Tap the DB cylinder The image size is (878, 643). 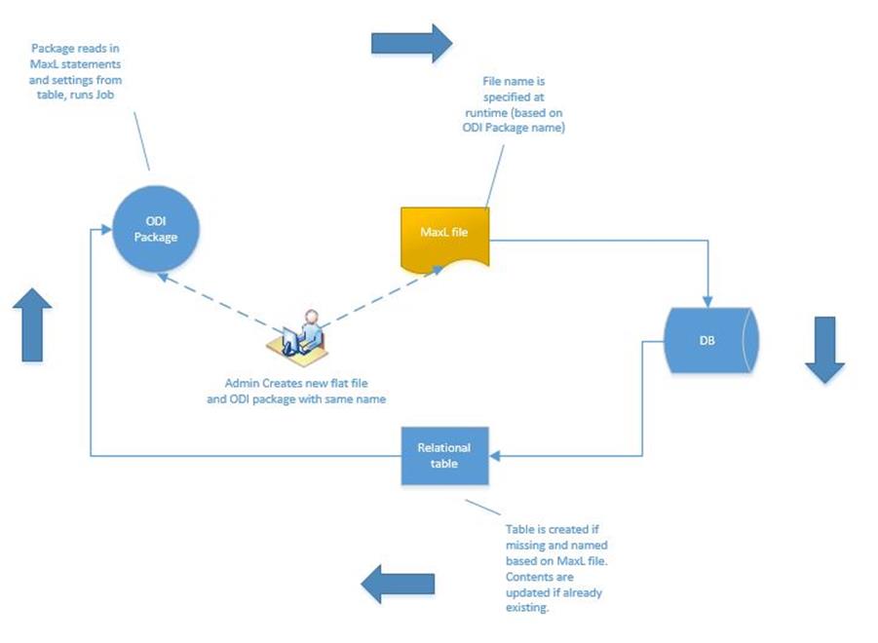point(710,341)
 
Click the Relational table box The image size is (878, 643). point(443,455)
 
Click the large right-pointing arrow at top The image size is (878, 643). point(411,42)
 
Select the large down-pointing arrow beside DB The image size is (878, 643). point(824,348)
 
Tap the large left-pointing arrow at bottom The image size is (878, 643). point(398,585)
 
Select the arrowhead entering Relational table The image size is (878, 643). point(494,455)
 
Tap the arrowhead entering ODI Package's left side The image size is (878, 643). point(96,230)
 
